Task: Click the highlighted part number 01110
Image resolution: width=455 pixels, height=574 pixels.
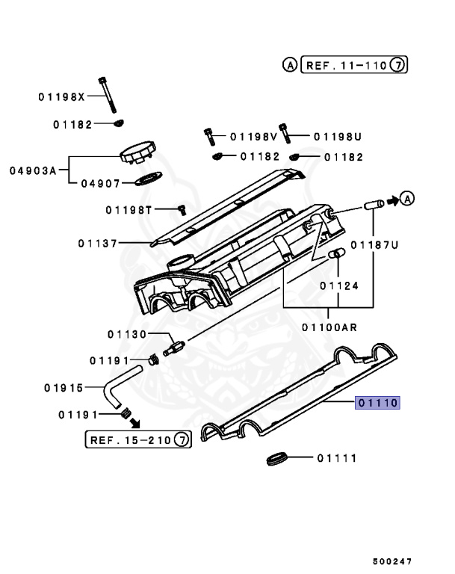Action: click(x=379, y=403)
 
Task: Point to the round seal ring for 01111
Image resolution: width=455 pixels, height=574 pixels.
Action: click(x=277, y=457)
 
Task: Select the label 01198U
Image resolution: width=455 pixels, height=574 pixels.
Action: click(x=337, y=137)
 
